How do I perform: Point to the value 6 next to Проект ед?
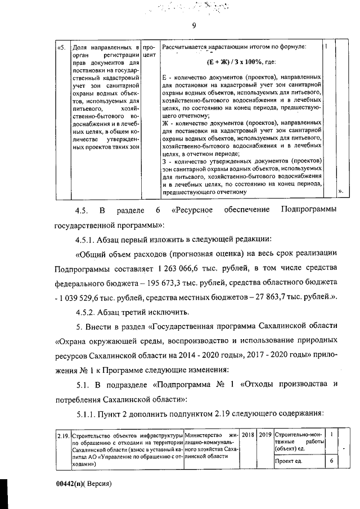click(x=331, y=461)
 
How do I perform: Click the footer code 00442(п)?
click(x=71, y=484)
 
